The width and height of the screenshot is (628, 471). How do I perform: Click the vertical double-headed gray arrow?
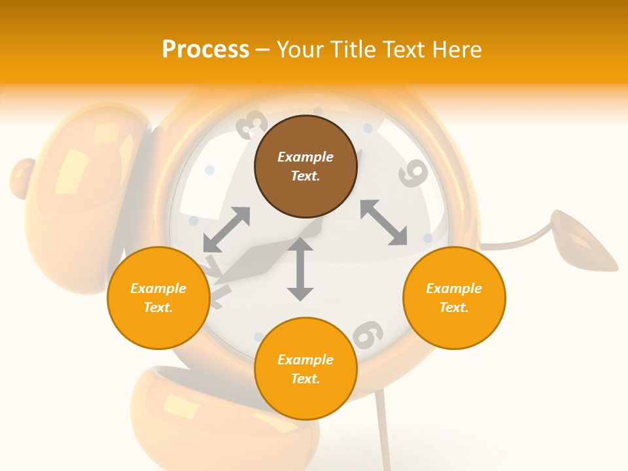300,269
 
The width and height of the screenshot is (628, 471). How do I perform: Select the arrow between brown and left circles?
226,230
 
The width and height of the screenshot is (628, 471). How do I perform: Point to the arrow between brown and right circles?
383,222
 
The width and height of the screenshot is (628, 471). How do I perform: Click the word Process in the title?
205,49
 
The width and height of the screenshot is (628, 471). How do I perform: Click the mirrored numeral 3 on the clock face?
251,124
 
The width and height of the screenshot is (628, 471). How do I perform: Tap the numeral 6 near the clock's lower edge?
368,334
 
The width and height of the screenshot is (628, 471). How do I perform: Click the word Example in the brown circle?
305,157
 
